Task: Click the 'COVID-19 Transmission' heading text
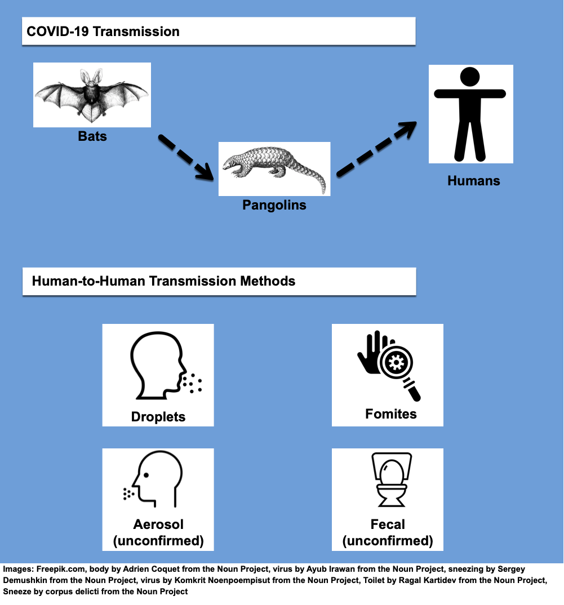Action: point(103,31)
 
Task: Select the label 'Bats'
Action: point(92,136)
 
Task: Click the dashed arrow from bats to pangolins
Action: point(186,157)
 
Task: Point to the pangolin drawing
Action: point(274,170)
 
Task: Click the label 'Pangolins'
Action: point(274,205)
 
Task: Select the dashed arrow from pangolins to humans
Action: point(376,149)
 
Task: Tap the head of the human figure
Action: point(470,77)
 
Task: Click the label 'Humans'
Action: point(474,181)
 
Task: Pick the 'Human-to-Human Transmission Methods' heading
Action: point(164,281)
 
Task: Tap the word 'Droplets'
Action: point(158,417)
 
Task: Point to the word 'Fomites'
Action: point(391,414)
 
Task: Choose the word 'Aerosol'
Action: point(158,524)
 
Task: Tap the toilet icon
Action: point(392,479)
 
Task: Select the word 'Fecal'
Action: point(388,524)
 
